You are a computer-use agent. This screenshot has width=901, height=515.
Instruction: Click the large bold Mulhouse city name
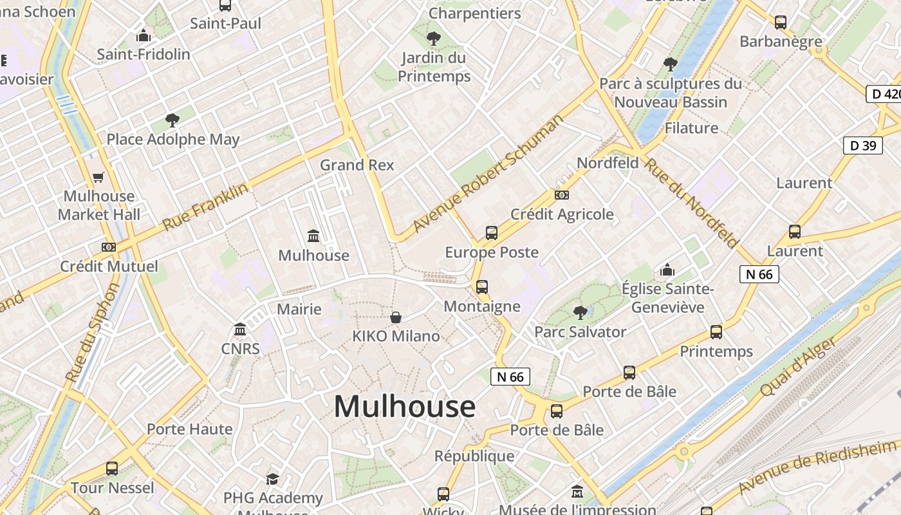click(x=404, y=407)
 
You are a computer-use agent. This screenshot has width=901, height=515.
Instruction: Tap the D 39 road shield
click(x=862, y=145)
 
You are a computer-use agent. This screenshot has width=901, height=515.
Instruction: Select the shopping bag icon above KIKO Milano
click(x=396, y=317)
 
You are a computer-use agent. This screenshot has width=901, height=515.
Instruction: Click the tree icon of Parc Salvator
click(x=580, y=313)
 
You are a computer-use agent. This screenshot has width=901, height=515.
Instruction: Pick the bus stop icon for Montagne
click(x=482, y=287)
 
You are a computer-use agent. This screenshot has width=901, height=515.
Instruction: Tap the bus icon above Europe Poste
click(x=492, y=233)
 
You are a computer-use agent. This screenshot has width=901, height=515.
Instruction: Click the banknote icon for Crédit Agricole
click(x=562, y=195)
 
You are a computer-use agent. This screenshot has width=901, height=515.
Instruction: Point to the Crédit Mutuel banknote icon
click(x=109, y=247)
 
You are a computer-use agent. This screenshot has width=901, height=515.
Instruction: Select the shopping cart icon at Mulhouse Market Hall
click(x=98, y=177)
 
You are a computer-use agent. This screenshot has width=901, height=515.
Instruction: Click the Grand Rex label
click(x=357, y=165)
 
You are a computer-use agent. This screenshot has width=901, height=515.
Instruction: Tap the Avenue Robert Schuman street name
click(x=488, y=173)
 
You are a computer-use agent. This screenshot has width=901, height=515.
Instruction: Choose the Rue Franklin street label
click(x=205, y=207)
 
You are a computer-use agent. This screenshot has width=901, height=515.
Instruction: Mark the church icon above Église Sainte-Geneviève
click(x=667, y=270)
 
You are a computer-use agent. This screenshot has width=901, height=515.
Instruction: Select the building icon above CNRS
click(x=240, y=330)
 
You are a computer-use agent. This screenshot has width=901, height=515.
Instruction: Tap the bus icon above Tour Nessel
click(x=112, y=469)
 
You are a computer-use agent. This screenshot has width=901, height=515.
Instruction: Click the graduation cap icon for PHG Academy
click(x=273, y=479)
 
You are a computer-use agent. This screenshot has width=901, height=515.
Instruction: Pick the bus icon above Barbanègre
click(x=781, y=23)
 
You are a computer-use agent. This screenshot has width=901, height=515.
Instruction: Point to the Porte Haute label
click(x=189, y=429)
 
